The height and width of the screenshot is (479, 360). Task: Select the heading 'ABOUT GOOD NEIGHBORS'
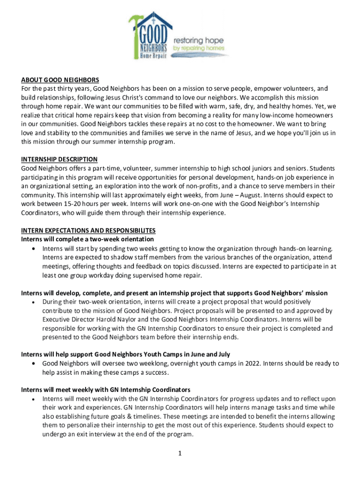click(x=60, y=80)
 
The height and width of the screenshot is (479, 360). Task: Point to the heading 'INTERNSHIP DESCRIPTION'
click(x=59, y=160)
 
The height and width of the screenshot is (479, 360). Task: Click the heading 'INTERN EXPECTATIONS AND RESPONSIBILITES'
click(x=88, y=231)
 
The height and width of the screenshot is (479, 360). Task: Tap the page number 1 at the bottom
click(x=180, y=453)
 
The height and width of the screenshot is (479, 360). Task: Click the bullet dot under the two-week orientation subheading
click(x=33, y=248)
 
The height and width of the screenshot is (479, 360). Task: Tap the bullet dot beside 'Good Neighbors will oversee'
click(x=33, y=363)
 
